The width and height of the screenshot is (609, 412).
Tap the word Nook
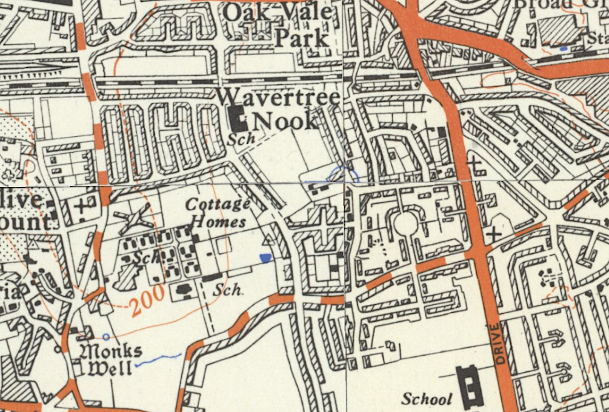coord(285,121)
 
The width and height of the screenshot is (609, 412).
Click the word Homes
coord(219,222)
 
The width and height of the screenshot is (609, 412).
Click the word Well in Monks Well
coord(110,367)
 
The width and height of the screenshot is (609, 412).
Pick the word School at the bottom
coord(427,399)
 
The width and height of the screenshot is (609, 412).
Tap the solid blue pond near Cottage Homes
coord(265,258)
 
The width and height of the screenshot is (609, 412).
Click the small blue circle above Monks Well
coord(107,336)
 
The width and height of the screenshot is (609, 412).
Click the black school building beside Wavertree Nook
coord(238,119)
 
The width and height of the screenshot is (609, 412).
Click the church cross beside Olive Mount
coord(81,205)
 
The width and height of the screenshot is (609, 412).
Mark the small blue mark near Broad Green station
coord(564,47)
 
